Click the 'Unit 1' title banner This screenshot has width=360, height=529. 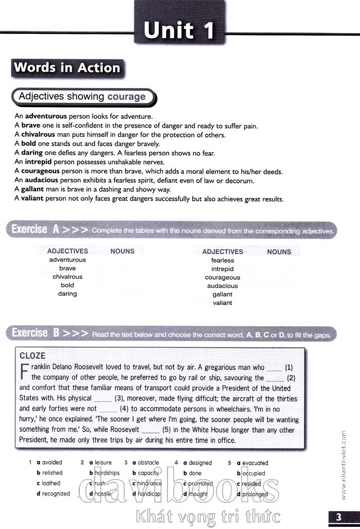click(179, 29)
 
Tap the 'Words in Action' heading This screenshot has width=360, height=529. click(67, 67)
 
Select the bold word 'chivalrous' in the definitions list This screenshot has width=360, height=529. click(39, 135)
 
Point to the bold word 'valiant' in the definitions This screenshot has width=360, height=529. click(32, 199)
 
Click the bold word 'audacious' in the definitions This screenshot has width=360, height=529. click(42, 181)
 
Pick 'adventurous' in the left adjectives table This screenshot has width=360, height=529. click(67, 260)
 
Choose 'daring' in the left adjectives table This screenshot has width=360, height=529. click(67, 294)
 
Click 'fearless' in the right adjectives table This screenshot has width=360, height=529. click(222, 260)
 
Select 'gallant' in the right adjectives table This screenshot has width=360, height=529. click(222, 294)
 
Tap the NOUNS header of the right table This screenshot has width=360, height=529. click(279, 252)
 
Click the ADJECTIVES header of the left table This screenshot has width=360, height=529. click(67, 251)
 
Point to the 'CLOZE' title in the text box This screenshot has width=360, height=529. click(32, 356)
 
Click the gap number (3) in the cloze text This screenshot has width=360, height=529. click(119, 398)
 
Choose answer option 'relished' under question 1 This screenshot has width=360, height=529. click(52, 473)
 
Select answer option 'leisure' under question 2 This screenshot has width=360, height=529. click(103, 463)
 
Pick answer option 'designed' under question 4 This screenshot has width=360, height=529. click(200, 463)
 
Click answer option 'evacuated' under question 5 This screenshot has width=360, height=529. click(255, 463)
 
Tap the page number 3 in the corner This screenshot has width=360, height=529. click(338, 517)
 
